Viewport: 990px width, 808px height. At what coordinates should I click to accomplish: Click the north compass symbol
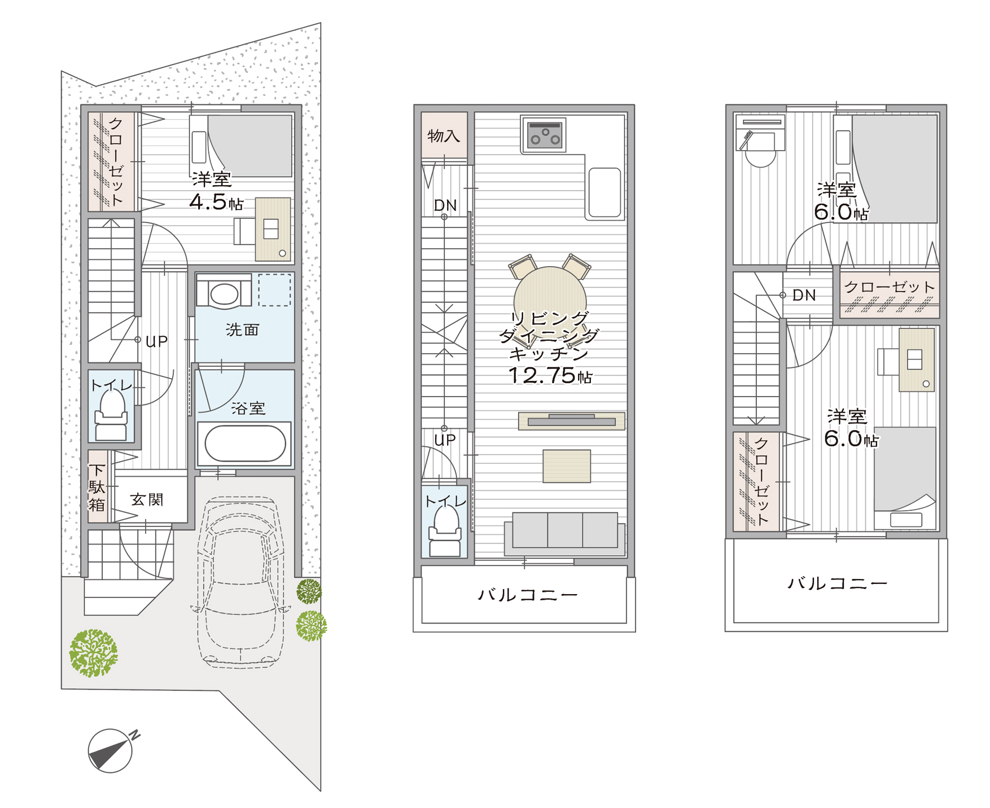click(111, 750)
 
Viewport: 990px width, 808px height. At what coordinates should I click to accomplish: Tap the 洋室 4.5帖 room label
click(216, 191)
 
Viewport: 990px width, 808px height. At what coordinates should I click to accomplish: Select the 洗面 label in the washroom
click(242, 330)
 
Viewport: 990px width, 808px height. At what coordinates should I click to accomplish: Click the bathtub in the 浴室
click(245, 443)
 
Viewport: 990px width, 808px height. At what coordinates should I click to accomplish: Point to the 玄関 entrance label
click(147, 499)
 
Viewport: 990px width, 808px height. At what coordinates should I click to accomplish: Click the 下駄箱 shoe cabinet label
click(97, 487)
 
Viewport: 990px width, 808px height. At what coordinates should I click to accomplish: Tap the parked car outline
click(240, 581)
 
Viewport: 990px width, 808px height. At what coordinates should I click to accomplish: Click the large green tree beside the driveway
click(93, 653)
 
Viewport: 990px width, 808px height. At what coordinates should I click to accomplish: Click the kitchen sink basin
click(604, 192)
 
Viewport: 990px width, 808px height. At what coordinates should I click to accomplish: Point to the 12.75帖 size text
click(550, 375)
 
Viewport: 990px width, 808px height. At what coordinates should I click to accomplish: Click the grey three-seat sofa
click(564, 533)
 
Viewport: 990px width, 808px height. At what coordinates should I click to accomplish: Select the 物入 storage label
click(444, 135)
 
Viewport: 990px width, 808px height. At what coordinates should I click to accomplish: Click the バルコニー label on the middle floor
click(528, 595)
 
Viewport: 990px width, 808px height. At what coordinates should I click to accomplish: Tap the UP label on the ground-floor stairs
click(156, 341)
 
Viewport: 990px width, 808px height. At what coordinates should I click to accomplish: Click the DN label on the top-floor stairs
click(804, 295)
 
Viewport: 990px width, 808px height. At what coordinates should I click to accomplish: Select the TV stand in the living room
click(571, 421)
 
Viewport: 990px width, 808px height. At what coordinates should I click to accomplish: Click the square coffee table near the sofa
click(567, 466)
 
